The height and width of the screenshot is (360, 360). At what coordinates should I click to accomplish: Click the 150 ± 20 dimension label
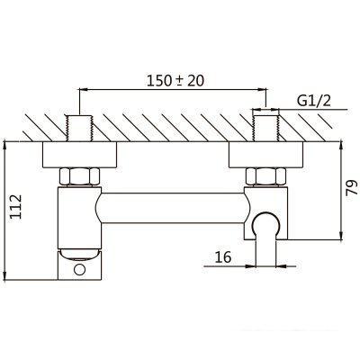pyautogui.click(x=175, y=80)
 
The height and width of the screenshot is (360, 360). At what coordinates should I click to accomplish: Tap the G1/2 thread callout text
pyautogui.click(x=314, y=101)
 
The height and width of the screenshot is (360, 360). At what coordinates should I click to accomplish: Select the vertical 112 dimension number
pyautogui.click(x=16, y=207)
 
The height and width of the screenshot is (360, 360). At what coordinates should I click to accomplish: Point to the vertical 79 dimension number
pyautogui.click(x=352, y=187)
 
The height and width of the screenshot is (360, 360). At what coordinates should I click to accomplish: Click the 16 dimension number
pyautogui.click(x=223, y=257)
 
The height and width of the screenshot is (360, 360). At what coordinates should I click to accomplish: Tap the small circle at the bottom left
pyautogui.click(x=80, y=269)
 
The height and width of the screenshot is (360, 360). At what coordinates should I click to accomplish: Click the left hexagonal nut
pyautogui.click(x=80, y=176)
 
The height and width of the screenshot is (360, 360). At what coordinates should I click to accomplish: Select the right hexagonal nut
pyautogui.click(x=265, y=176)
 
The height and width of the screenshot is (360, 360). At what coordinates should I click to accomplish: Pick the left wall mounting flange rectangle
pyautogui.click(x=79, y=155)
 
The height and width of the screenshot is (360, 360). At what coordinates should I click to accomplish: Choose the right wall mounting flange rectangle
pyautogui.click(x=265, y=155)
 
